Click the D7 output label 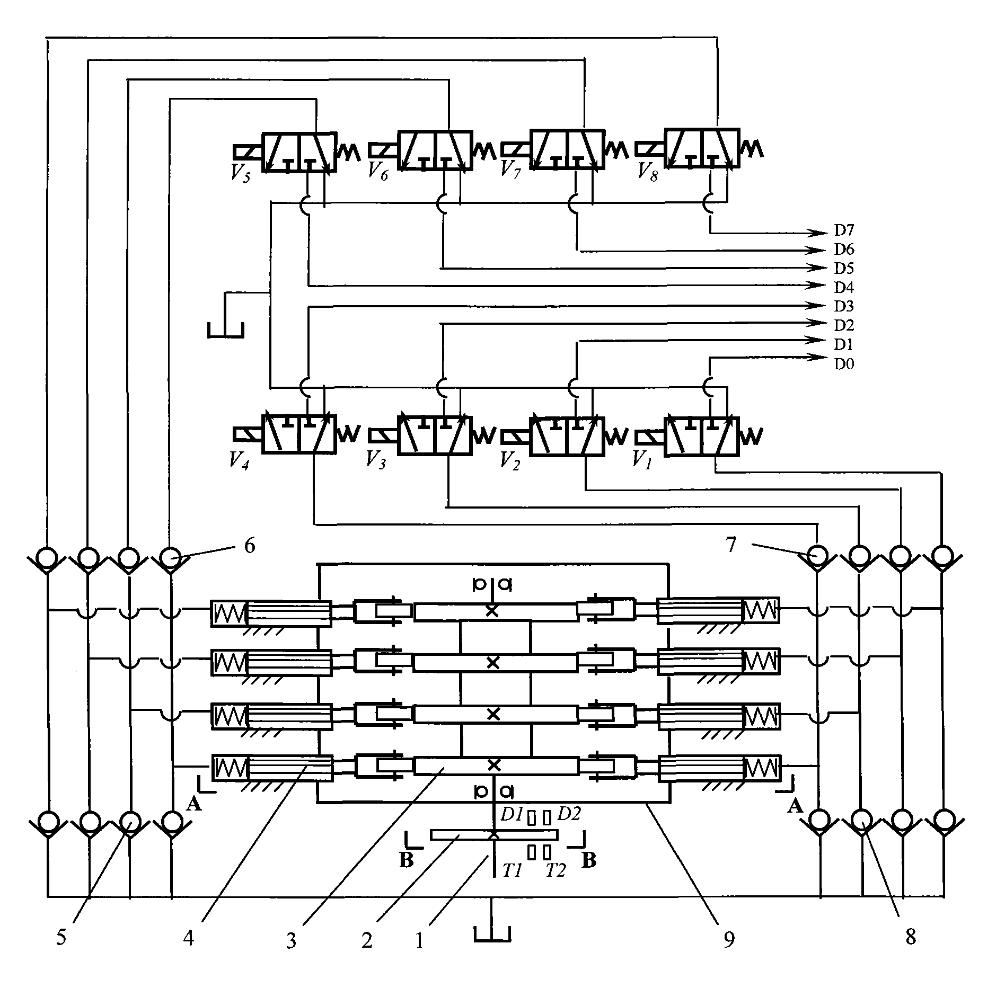844,230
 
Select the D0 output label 844,364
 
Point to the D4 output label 844,288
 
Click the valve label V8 647,172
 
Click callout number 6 250,545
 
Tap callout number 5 61,952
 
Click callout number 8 910,952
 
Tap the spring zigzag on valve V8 752,149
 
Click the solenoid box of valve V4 248,434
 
